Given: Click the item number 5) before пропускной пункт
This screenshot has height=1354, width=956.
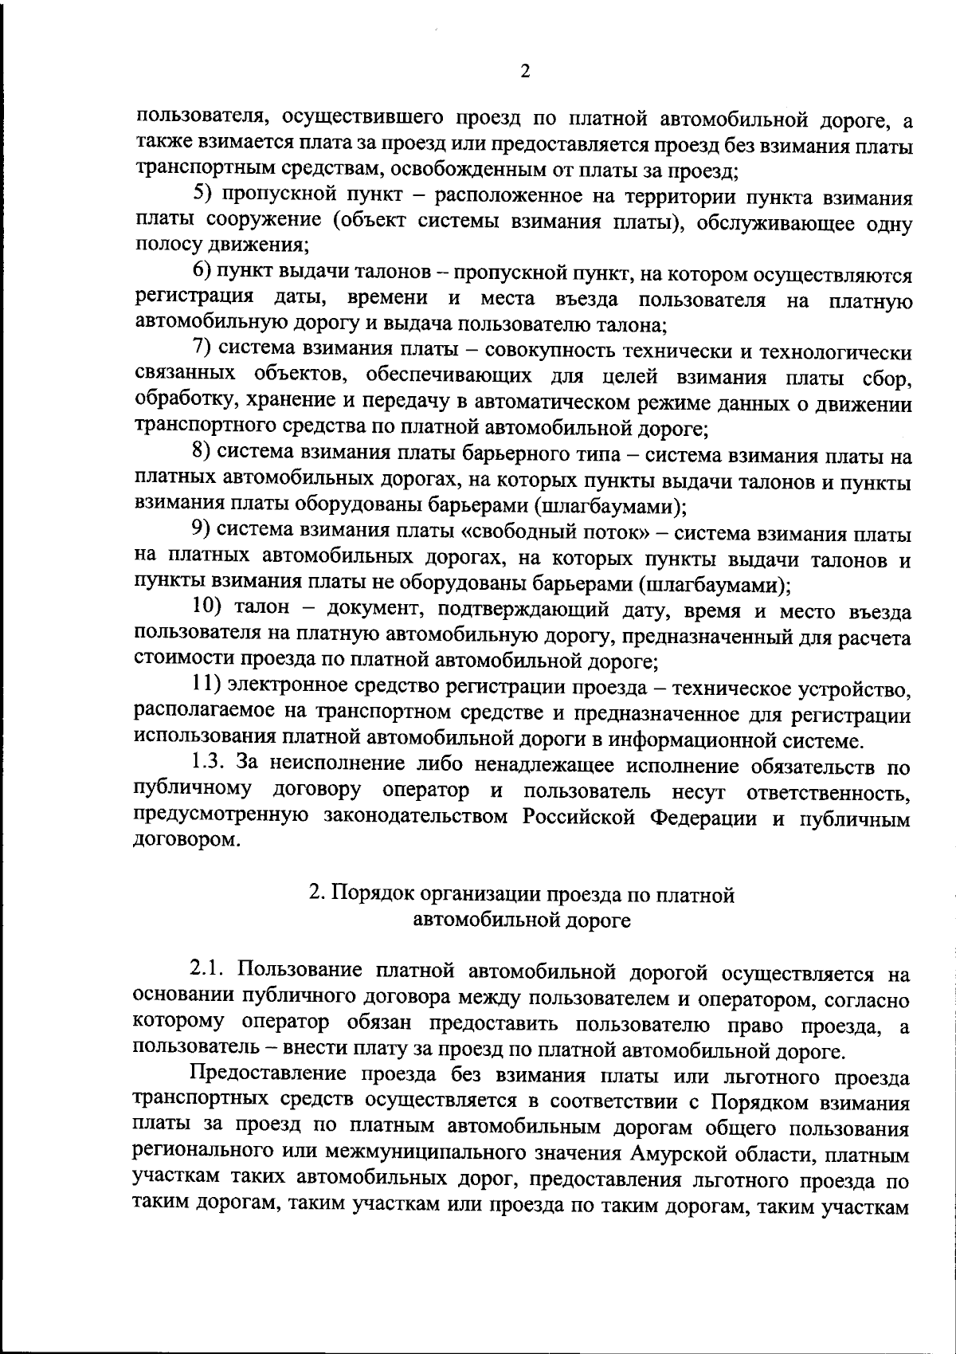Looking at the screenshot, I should [x=203, y=195].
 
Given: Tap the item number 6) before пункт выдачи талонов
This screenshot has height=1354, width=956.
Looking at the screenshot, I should [x=202, y=273].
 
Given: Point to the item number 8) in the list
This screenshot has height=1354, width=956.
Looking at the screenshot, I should [x=202, y=454].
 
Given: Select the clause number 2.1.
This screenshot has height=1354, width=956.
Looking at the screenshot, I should [x=208, y=971].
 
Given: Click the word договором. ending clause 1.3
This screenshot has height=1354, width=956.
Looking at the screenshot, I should [x=187, y=842].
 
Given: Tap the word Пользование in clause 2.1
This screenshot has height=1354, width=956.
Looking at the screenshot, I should [x=296, y=971].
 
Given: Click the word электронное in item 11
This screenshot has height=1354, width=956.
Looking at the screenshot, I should [x=286, y=686].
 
